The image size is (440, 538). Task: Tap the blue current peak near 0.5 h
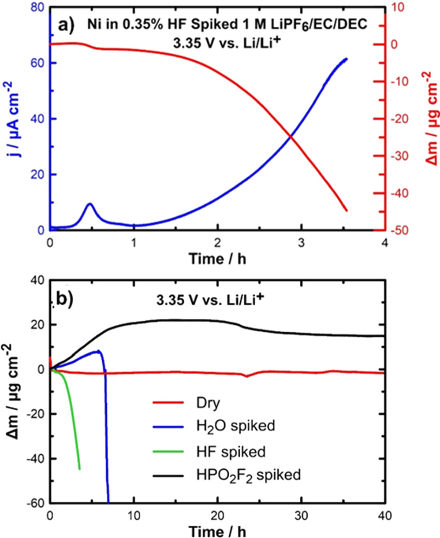[x=90, y=204]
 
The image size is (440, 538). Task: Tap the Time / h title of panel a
[x=217, y=259]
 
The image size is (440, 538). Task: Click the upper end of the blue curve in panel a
[x=347, y=59]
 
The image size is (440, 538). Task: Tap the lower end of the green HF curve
[x=79, y=469]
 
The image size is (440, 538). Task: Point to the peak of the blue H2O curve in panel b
[x=99, y=351]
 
